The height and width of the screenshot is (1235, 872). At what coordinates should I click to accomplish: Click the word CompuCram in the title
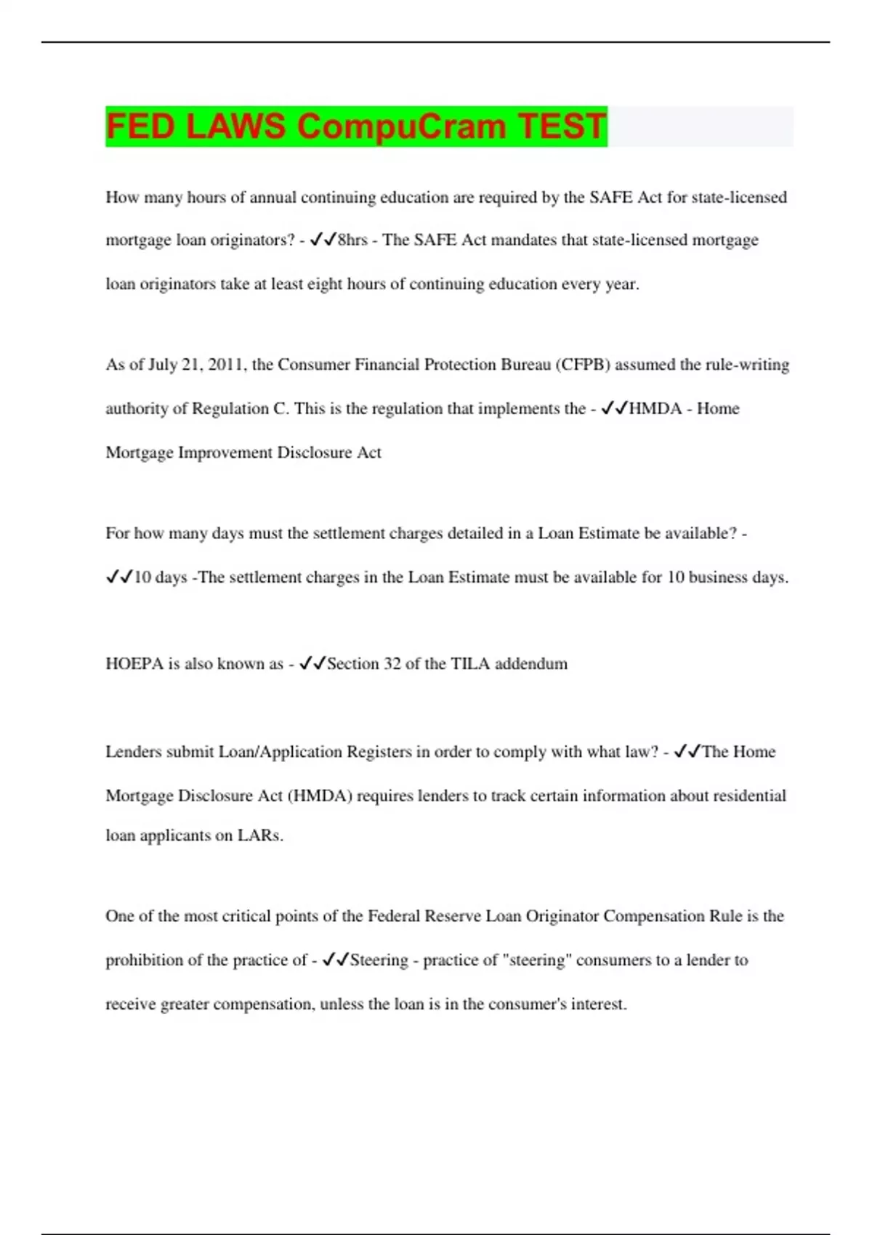tap(401, 126)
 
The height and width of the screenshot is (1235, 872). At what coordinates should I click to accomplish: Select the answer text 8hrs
tap(352, 240)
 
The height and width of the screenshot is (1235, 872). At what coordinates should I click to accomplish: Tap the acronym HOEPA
tap(134, 664)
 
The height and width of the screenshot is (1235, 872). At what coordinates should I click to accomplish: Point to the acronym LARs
tap(260, 836)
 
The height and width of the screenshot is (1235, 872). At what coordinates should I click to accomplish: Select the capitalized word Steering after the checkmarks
tap(379, 960)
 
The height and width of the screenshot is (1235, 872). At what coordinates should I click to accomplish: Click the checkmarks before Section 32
tap(312, 663)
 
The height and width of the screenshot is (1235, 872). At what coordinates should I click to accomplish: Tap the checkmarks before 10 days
tap(119, 577)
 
